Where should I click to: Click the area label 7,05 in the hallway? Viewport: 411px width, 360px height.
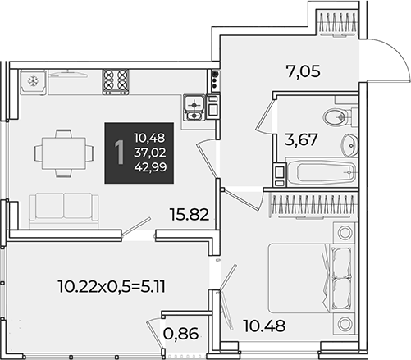point(303,71)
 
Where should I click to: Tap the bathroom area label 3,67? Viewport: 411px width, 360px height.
point(301,139)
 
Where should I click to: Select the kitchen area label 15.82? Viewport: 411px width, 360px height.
point(190,214)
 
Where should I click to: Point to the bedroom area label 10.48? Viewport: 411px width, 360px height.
point(264,326)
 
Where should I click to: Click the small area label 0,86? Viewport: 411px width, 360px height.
point(180,334)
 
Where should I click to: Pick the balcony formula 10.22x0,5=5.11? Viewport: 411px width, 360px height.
point(112,287)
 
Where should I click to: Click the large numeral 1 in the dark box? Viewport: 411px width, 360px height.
point(120,153)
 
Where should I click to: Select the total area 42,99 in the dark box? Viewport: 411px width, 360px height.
point(150,167)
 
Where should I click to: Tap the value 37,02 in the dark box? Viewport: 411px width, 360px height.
point(150,153)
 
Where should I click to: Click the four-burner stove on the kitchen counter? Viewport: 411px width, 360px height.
point(116,82)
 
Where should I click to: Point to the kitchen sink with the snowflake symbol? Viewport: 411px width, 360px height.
point(33,81)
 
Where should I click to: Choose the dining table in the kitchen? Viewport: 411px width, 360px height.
point(64,153)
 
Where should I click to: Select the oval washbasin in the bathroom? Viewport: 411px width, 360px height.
point(349,145)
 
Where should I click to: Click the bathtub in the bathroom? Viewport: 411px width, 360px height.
point(322,172)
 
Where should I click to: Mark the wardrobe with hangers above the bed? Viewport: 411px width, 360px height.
point(313,205)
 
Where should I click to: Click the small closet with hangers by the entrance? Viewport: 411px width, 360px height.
point(336,23)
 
